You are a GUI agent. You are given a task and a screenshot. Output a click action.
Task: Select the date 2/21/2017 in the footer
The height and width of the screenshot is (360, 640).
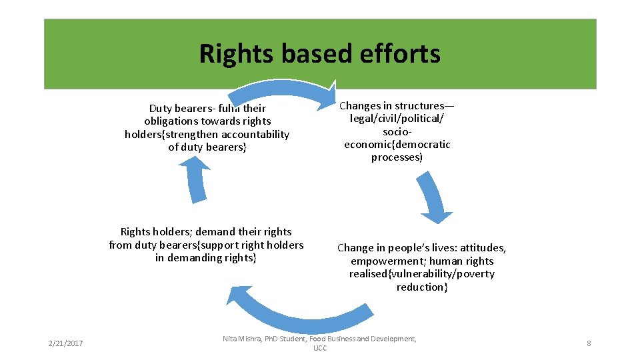(65, 343)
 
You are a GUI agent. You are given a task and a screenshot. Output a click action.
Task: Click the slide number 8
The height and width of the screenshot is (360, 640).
(589, 343)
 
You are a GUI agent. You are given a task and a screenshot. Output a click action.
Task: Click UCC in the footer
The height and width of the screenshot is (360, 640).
(320, 349)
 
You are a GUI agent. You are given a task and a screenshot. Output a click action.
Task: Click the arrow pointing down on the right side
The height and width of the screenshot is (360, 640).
(434, 197)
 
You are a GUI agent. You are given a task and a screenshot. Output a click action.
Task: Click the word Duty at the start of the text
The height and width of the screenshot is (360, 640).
(161, 108)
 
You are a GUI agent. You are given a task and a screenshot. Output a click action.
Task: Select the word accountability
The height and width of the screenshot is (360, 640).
(256, 134)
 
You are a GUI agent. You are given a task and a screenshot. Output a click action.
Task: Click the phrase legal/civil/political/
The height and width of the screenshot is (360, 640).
(397, 119)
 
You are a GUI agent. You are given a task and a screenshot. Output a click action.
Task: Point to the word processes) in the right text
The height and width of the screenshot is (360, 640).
(397, 157)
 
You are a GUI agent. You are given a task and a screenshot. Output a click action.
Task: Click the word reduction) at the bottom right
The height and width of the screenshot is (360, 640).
(421, 287)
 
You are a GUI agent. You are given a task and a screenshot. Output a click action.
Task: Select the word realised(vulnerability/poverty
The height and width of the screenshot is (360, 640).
(421, 274)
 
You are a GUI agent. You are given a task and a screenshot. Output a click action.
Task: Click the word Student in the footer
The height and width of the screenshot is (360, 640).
(293, 339)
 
